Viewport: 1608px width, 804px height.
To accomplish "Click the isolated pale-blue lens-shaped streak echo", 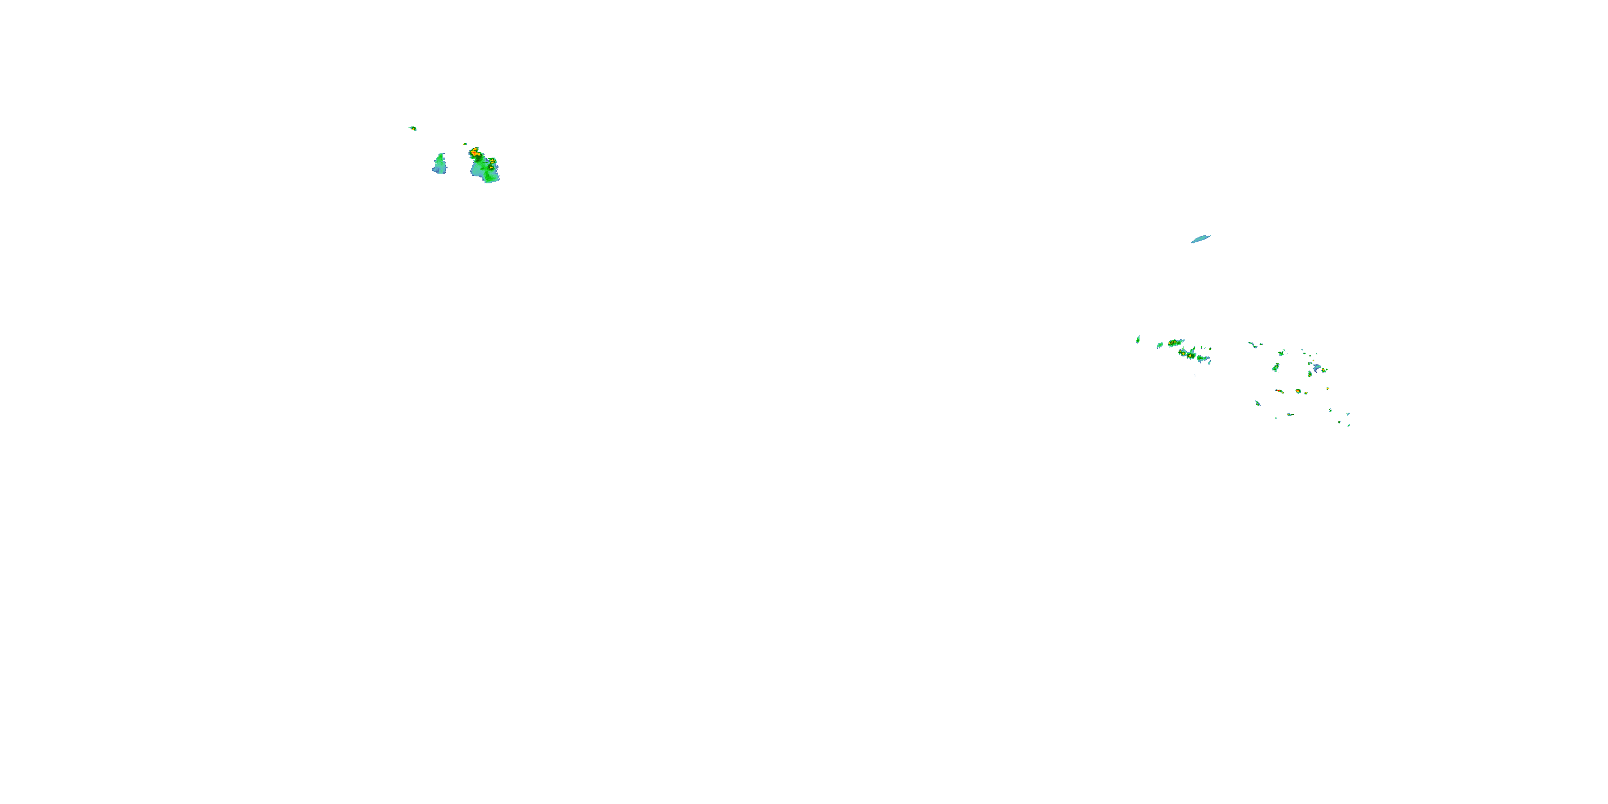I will [x=1201, y=239].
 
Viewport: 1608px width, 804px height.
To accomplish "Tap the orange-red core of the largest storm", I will [x=475, y=152].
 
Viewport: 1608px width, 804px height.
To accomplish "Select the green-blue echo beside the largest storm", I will [x=440, y=164].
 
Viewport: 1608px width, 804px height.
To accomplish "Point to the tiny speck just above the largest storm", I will [x=465, y=144].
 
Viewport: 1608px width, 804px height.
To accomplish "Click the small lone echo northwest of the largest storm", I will [x=413, y=129].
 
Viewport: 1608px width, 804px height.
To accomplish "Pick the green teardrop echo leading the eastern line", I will [x=1138, y=340].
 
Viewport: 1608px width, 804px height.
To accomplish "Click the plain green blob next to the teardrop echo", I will [x=1160, y=345].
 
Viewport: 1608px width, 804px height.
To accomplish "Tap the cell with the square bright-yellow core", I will [x=1182, y=353].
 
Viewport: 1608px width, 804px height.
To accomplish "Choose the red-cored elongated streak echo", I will [x=1279, y=391].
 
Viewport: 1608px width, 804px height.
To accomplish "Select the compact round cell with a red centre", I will [x=1298, y=391].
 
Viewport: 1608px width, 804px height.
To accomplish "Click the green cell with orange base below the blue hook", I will [x=1310, y=374].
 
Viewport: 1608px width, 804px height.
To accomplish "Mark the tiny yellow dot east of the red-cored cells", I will [x=1328, y=389].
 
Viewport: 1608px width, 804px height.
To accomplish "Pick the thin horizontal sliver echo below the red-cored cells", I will [x=1290, y=414].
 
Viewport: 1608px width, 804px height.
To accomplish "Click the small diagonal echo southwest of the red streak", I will [x=1258, y=403].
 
